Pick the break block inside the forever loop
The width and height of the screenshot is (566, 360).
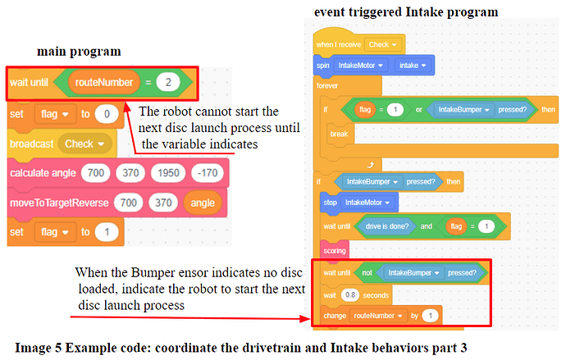(x=338, y=132)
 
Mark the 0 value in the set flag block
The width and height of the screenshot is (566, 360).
(x=107, y=113)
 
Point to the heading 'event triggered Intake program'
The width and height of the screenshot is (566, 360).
(x=406, y=11)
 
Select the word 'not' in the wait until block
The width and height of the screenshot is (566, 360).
(x=366, y=272)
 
